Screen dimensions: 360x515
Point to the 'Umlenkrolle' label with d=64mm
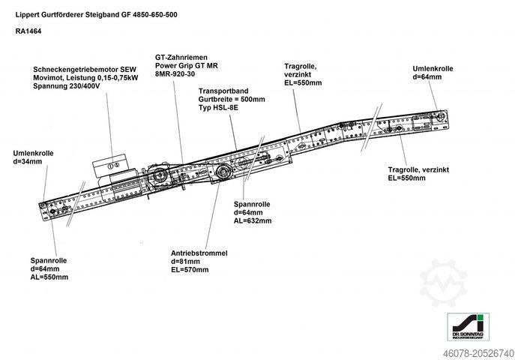point(433,69)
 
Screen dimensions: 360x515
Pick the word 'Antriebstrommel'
point(199,253)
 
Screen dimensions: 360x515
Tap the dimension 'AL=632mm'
point(252,221)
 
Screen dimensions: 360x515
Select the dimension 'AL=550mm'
point(49,277)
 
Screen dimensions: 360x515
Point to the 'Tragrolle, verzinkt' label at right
point(418,169)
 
